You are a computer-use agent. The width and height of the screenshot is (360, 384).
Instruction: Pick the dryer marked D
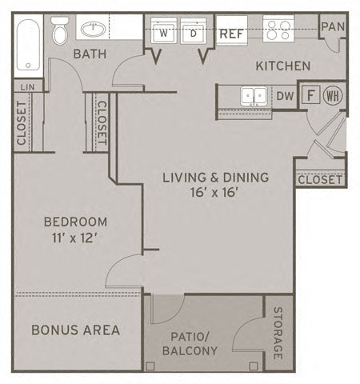[x=194, y=34]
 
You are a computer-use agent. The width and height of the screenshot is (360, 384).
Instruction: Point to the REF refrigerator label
[x=231, y=34]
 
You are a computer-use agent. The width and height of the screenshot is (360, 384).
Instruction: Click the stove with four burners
[x=279, y=30]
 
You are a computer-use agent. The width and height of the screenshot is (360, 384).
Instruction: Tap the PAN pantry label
[x=332, y=26]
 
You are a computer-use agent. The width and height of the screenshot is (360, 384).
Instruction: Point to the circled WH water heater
[x=333, y=95]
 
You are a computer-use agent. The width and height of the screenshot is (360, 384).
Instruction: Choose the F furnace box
[x=310, y=95]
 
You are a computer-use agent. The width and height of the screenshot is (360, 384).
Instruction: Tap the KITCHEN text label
[x=282, y=66]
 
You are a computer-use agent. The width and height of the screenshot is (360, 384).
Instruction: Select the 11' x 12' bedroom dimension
[x=75, y=237]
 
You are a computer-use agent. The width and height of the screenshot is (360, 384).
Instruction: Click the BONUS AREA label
[x=76, y=329]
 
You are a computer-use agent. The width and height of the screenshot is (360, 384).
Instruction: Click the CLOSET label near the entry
[x=320, y=179]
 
